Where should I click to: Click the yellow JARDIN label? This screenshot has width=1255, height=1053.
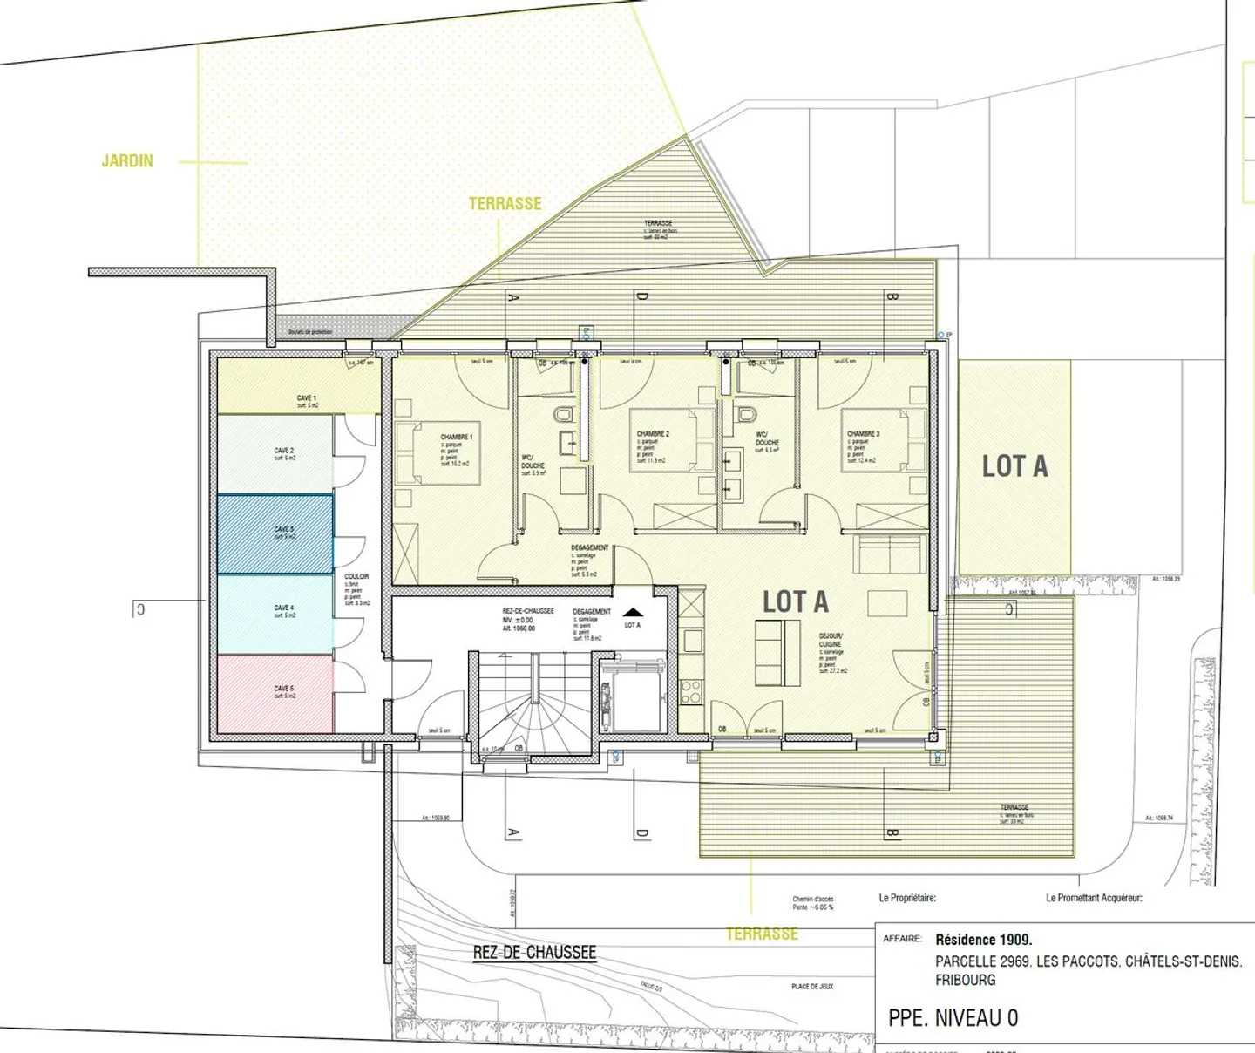127,161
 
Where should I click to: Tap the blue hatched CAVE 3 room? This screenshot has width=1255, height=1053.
275,533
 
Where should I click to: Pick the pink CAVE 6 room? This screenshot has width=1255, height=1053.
275,693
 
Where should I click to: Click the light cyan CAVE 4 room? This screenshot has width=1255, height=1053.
275,613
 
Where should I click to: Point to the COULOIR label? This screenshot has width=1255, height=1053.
356,577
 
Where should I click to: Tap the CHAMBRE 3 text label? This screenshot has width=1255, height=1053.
863,434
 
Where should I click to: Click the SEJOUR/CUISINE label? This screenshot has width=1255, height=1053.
831,640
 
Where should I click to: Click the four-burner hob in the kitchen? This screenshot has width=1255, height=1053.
690,692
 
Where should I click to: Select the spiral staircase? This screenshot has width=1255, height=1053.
534,705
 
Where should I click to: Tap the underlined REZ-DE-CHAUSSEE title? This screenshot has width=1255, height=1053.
534,953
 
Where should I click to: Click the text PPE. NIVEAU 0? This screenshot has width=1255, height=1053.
953,1018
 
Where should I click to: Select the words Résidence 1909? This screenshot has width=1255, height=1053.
983,940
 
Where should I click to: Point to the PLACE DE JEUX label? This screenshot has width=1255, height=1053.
812,987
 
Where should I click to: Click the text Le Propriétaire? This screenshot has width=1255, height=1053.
907,898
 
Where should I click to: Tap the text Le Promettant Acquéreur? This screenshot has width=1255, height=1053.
1094,898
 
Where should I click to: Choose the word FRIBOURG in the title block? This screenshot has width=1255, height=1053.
965,980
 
